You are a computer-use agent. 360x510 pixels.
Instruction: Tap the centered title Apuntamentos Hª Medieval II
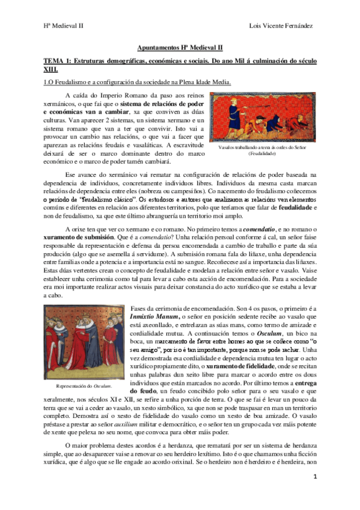tap(180, 47)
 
